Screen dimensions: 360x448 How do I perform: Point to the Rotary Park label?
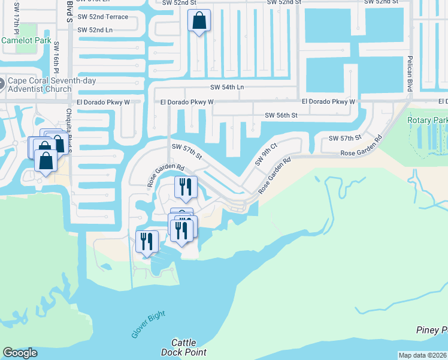pos(428,120)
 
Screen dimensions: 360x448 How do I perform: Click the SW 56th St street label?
pos(281,115)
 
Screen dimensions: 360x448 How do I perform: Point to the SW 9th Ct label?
pos(266,154)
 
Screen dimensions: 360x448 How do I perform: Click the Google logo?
pos(20,353)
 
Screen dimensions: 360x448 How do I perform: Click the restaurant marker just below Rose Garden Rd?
pos(185,187)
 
